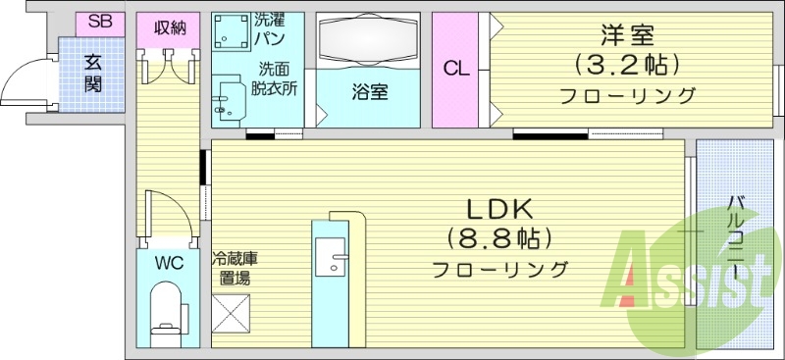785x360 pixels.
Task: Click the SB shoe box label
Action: click(100, 22)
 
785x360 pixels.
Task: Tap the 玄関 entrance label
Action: click(93, 72)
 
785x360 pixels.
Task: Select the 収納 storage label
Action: click(170, 26)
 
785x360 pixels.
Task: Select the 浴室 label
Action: click(369, 94)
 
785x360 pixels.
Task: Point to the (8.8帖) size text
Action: click(498, 238)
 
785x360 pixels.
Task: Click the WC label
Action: click(168, 262)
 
